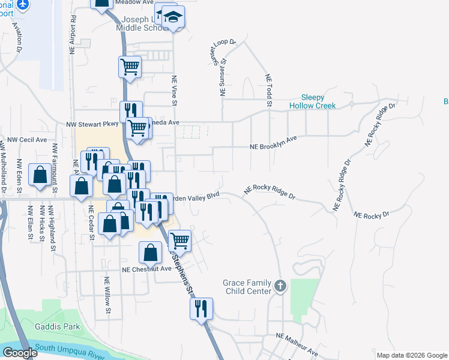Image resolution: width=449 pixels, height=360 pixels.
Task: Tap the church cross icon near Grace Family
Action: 280,286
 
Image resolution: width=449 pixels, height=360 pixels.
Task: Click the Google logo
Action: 20,353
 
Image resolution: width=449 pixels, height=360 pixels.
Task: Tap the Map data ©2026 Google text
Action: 411,355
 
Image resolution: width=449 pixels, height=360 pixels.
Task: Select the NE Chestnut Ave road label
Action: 146,269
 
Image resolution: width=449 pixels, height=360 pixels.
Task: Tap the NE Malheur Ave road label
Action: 297,343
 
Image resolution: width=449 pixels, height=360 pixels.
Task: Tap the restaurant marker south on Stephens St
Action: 201,308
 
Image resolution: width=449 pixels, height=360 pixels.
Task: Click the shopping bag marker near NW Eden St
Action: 40,175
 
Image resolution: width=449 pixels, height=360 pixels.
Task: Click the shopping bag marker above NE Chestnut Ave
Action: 150,252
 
